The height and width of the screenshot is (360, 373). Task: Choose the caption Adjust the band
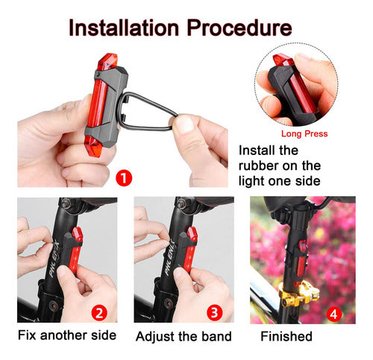(184, 335)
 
